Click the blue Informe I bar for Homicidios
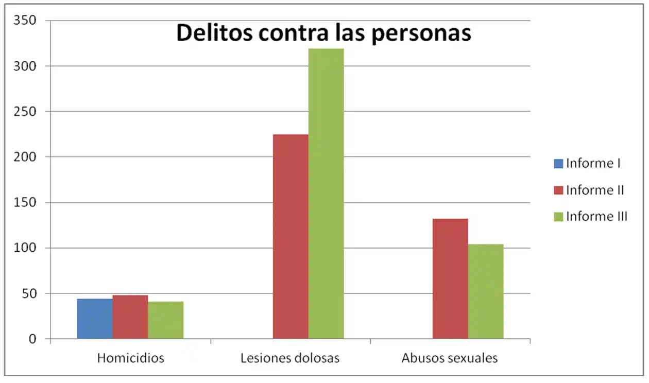(x=95, y=319)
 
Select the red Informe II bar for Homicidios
(x=130, y=317)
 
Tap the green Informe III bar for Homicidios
(x=165, y=320)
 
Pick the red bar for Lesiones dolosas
(x=291, y=237)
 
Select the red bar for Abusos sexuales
(x=450, y=278)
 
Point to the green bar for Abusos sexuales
(x=486, y=291)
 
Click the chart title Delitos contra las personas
(x=323, y=33)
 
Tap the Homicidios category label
(x=130, y=358)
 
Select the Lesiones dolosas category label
(x=290, y=358)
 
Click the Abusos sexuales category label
(x=450, y=358)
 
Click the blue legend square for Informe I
(x=558, y=164)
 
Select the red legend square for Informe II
(x=558, y=190)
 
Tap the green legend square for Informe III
(x=558, y=216)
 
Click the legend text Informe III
(x=596, y=216)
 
